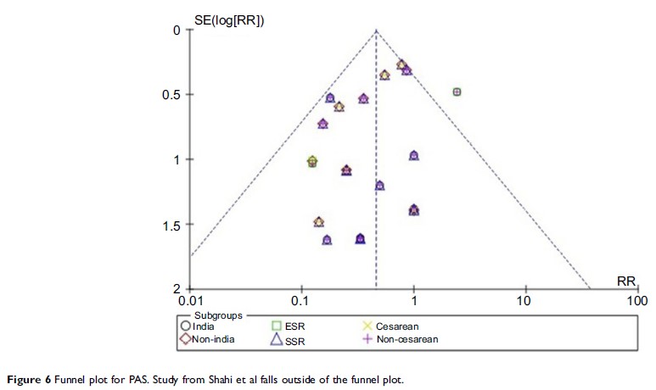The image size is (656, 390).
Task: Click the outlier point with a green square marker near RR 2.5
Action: point(457,92)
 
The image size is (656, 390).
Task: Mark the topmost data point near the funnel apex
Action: point(401,64)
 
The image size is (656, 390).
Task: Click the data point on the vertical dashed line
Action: point(379,185)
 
